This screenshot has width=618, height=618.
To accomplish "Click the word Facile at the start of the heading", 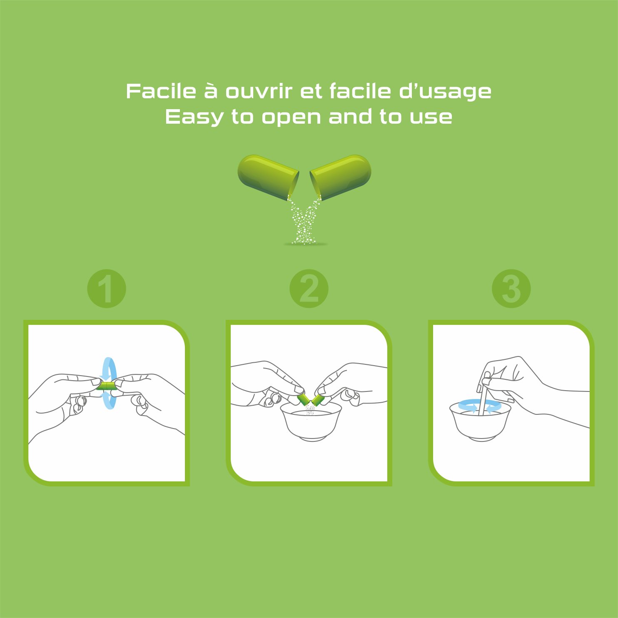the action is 161,91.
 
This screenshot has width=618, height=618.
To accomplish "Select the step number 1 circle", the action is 107,289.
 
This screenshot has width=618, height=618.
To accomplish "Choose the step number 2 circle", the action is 309,289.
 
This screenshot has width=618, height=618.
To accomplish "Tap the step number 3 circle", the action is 511,289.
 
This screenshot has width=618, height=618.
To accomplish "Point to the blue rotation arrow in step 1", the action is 110,383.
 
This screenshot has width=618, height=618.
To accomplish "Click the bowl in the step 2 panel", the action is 311,421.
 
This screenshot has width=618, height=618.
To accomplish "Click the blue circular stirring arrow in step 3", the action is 480,406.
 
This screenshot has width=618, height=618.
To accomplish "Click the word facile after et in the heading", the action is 360,91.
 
